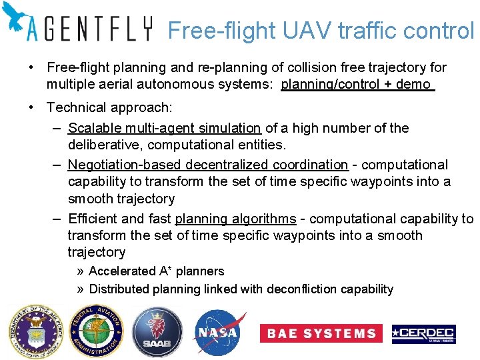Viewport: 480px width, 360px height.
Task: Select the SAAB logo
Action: pos(156,332)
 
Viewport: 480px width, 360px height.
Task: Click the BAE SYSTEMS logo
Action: pos(321,333)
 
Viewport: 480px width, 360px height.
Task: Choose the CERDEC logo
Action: pos(423,333)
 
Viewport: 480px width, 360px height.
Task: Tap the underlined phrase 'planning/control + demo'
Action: pos(357,85)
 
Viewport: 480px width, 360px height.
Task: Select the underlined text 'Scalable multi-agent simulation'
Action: pos(164,128)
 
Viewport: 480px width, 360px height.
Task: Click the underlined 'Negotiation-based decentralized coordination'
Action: pos(208,165)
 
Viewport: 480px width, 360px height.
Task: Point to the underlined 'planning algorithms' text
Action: pos(235,219)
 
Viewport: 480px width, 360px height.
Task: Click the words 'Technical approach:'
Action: pos(109,107)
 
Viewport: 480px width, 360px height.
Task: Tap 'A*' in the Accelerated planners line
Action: pos(167,271)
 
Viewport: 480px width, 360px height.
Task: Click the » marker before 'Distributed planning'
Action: pos(80,289)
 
